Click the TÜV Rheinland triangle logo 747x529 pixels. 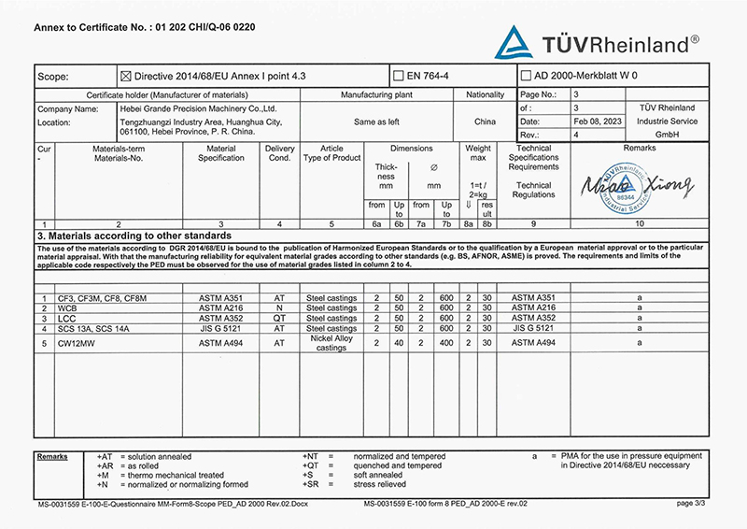click(513, 43)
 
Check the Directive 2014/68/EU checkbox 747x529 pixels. click(127, 76)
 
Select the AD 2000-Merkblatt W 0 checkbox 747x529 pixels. click(526, 76)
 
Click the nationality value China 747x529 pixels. click(485, 122)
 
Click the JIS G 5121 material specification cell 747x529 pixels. click(220, 328)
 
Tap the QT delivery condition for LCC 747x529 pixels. click(278, 318)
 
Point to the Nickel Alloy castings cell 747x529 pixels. click(331, 342)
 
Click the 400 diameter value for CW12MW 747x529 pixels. click(447, 342)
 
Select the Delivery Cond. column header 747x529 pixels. click(279, 153)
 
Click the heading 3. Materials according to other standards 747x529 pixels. click(134, 236)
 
